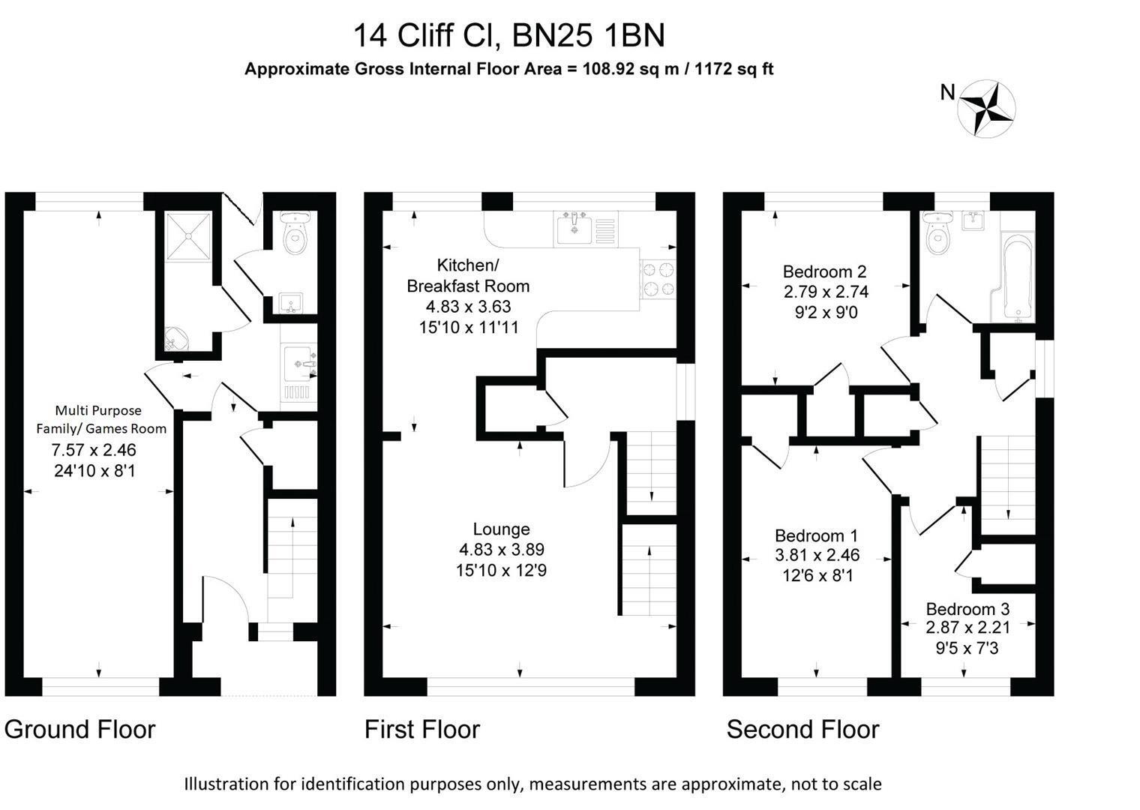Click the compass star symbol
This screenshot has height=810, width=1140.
pos(988,109)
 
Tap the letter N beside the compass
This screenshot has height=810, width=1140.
pos(948,92)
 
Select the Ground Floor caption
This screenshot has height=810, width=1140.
pos(80,729)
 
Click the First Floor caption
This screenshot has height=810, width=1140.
pos(422,729)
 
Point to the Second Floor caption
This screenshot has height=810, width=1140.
pos(802,729)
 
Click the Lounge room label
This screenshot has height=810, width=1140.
pos(501,529)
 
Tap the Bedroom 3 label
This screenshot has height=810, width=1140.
pos(967,609)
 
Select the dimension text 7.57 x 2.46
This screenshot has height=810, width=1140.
pos(94,451)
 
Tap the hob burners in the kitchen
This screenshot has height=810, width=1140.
pos(658,279)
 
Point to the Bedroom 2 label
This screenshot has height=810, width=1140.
pos(825,271)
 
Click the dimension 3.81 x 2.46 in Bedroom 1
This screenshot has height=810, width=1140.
pos(817,556)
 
